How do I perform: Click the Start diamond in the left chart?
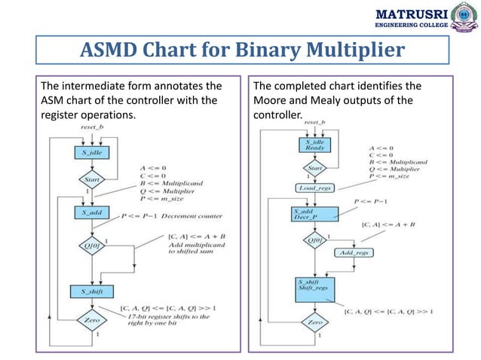(90, 179)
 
